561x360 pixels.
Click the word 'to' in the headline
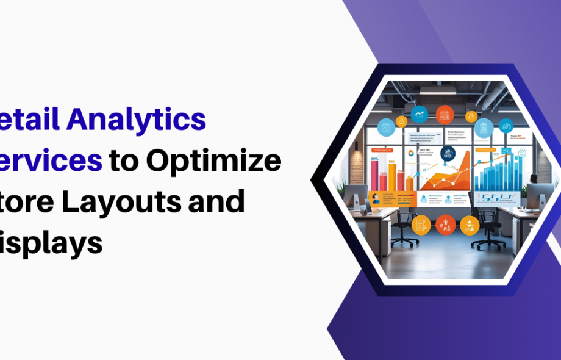click(x=123, y=161)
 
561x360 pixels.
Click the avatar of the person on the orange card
click(x=376, y=200)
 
